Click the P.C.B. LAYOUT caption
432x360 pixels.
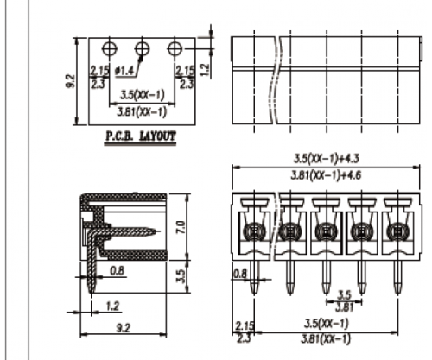[140, 136]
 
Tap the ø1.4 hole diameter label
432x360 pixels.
[124, 71]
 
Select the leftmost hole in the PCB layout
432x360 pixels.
[110, 48]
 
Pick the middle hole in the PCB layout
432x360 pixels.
[143, 48]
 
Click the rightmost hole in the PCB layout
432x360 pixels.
[175, 48]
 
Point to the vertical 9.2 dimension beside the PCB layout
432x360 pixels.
[71, 81]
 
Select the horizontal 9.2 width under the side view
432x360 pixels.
[123, 328]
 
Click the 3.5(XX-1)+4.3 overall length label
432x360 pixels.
[326, 158]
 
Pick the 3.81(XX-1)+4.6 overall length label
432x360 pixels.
[326, 175]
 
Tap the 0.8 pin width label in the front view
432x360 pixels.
[240, 274]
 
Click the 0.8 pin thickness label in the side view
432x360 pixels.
[118, 271]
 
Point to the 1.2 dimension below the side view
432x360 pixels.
[113, 306]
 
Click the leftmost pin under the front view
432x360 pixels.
[254, 277]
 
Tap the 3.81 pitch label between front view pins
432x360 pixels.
[344, 307]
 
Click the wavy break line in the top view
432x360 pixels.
[276, 80]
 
